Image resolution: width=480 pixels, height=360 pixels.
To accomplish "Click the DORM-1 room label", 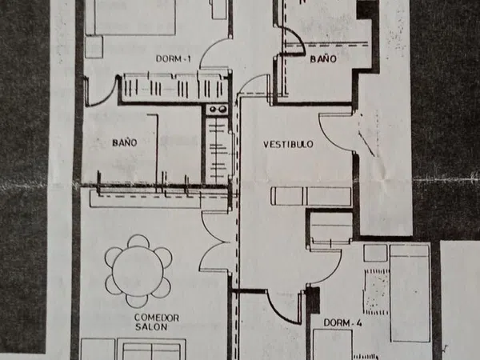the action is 174,58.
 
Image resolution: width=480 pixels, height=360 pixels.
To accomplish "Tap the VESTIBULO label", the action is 288,144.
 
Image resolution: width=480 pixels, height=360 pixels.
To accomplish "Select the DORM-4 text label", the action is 342,322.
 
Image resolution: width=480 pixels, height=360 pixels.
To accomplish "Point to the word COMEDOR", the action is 157,318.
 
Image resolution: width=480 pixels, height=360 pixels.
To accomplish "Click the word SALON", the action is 151,327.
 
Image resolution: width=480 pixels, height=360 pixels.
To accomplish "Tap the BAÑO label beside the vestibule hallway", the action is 323,58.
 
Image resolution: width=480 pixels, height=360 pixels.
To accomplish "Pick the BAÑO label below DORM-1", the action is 124,142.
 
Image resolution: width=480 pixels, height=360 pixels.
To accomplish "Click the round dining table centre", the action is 138,271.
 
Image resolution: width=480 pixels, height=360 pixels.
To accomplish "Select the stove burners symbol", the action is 217,110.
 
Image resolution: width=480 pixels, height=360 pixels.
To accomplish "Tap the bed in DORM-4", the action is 410,294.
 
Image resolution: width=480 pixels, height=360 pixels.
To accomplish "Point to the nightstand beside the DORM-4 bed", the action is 376,253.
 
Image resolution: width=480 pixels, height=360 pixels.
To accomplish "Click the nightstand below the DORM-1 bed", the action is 94,47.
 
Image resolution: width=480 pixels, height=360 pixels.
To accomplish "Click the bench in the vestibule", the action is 311,196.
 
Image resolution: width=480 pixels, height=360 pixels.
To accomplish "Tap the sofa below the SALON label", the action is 151,350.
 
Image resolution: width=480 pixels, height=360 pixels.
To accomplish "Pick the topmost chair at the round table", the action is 138,241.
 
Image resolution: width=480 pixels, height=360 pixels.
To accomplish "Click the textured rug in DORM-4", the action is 377,292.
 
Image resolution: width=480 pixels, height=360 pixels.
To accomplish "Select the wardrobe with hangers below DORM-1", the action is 175,87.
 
